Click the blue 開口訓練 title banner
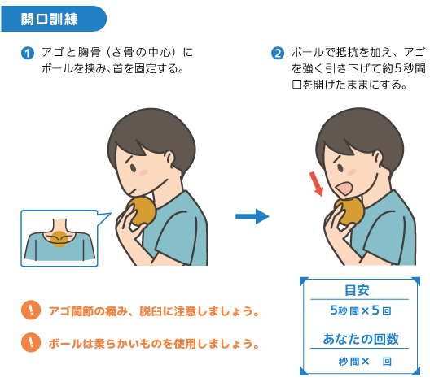pyautogui.click(x=54, y=19)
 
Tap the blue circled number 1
pyautogui.click(x=28, y=53)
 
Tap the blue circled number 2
pyautogui.click(x=278, y=53)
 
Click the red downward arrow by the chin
pyautogui.click(x=316, y=184)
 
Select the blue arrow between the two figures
pyautogui.click(x=252, y=216)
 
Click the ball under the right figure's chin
pyautogui.click(x=349, y=211)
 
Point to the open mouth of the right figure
pyautogui.click(x=344, y=189)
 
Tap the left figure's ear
pyautogui.click(x=169, y=159)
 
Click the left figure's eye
pyautogui.click(x=133, y=167)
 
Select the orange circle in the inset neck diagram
pyautogui.click(x=59, y=239)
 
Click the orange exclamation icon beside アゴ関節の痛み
pyautogui.click(x=31, y=310)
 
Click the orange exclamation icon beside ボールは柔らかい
pyautogui.click(x=31, y=342)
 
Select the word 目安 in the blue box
pyautogui.click(x=357, y=290)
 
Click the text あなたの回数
pyautogui.click(x=361, y=339)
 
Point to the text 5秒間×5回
pyautogui.click(x=361, y=310)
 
